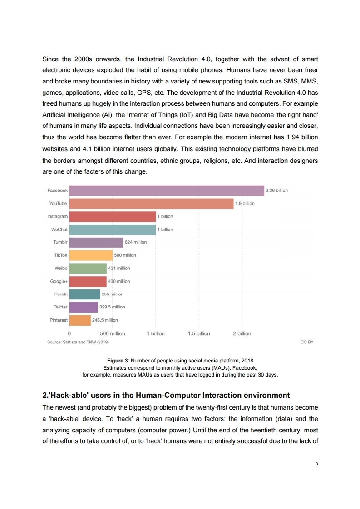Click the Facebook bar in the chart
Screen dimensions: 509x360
click(x=166, y=191)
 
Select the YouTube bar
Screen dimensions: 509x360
click(x=151, y=204)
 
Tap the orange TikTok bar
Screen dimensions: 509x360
click(x=91, y=255)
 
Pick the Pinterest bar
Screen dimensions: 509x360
click(x=80, y=320)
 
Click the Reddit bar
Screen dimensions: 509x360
click(x=84, y=294)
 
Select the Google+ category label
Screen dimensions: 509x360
click(x=59, y=281)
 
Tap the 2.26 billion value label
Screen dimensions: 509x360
click(x=277, y=191)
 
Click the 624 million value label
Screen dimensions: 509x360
click(x=136, y=242)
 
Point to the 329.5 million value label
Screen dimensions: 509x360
click(x=113, y=307)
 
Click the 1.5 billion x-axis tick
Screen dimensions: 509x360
click(x=199, y=333)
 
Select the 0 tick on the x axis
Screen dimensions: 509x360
click(x=69, y=333)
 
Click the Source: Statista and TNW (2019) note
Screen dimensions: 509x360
click(x=78, y=342)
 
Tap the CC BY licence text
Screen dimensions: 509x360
click(x=307, y=342)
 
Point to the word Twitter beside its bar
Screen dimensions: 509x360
click(x=60, y=307)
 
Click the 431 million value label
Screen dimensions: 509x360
click(x=119, y=268)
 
